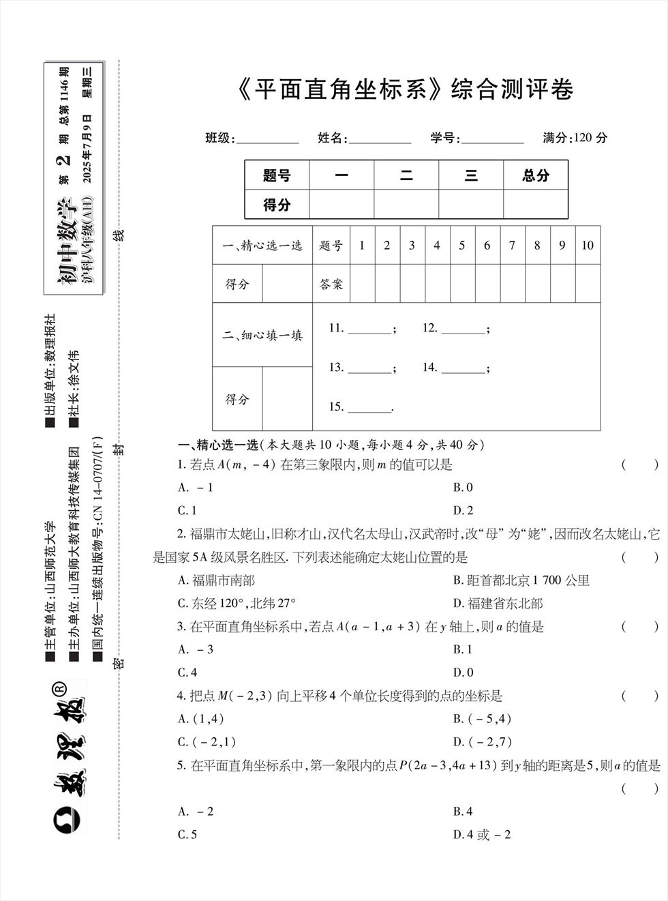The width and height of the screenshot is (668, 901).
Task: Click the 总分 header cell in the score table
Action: pos(536,176)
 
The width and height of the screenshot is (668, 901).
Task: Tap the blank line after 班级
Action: pos(267,139)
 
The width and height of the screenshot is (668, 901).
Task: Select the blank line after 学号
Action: pos(492,139)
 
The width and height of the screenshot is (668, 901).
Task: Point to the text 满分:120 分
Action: pos(575,138)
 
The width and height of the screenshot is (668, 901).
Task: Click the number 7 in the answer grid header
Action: pos(512,246)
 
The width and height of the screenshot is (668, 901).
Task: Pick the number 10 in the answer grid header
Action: pos(587,246)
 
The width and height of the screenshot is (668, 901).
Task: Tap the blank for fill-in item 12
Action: pos(463,329)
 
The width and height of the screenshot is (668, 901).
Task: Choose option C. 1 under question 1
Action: pos(187,510)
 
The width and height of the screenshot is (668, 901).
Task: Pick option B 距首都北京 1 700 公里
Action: pos(521,580)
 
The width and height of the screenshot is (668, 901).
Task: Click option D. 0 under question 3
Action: pos(463,673)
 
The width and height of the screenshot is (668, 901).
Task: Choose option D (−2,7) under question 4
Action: pos(482,742)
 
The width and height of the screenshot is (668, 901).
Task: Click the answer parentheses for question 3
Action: pos(640,627)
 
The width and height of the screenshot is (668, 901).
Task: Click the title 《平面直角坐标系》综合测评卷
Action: pos(408,89)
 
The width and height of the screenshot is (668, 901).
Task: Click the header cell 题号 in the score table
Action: pos(277,176)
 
